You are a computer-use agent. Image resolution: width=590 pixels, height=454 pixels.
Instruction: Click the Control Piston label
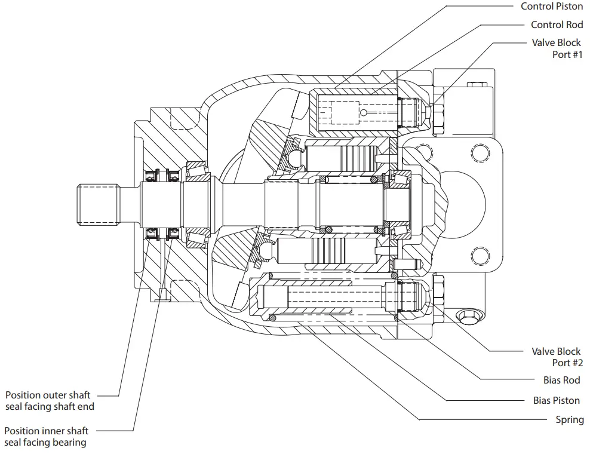552,7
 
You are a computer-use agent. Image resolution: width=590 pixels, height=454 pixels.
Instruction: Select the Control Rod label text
557,24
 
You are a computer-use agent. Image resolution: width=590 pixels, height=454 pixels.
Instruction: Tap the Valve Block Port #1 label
556,48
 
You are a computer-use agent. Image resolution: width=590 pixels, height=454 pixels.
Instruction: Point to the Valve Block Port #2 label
556,357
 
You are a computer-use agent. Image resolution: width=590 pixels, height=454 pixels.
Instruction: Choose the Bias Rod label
561,380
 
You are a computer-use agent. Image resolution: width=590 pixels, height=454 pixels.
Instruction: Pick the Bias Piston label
556,400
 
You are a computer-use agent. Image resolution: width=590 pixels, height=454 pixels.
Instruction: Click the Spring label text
569,419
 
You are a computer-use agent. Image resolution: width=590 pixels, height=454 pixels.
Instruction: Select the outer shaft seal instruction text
50,401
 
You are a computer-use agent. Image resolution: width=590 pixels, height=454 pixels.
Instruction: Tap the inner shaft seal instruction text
46,437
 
